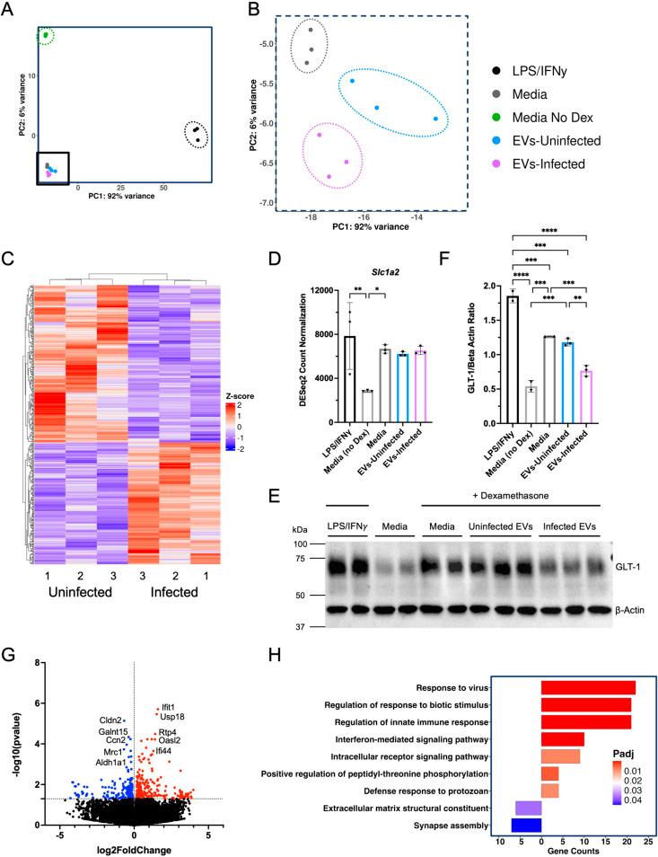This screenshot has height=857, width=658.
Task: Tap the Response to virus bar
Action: coord(587,687)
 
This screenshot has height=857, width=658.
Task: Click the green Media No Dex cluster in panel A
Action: coord(46,36)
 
